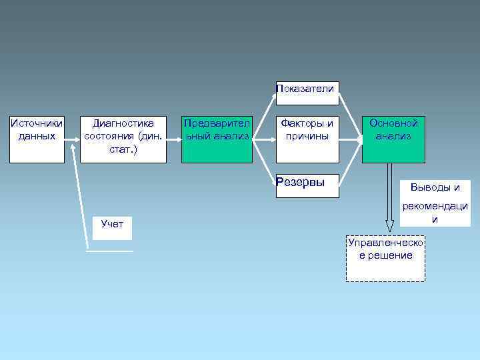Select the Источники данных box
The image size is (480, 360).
click(x=37, y=139)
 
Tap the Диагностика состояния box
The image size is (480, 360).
click(x=123, y=139)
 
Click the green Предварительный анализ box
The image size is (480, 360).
click(x=217, y=139)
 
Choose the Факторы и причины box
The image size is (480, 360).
click(x=307, y=139)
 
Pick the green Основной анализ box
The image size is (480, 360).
click(x=393, y=139)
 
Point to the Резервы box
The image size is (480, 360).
click(x=307, y=186)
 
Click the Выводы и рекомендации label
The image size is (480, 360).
click(x=435, y=203)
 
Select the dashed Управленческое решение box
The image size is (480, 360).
click(x=385, y=259)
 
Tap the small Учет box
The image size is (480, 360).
click(x=112, y=227)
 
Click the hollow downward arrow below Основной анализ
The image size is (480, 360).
click(x=389, y=200)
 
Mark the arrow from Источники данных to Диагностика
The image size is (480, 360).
click(x=73, y=140)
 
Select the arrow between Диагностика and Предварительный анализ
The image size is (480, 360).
click(x=174, y=140)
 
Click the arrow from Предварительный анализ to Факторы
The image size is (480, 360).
click(x=264, y=140)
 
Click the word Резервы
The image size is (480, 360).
click(x=299, y=182)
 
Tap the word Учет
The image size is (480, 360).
click(x=112, y=224)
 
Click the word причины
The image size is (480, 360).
click(x=307, y=136)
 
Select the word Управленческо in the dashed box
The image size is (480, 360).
click(x=385, y=243)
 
